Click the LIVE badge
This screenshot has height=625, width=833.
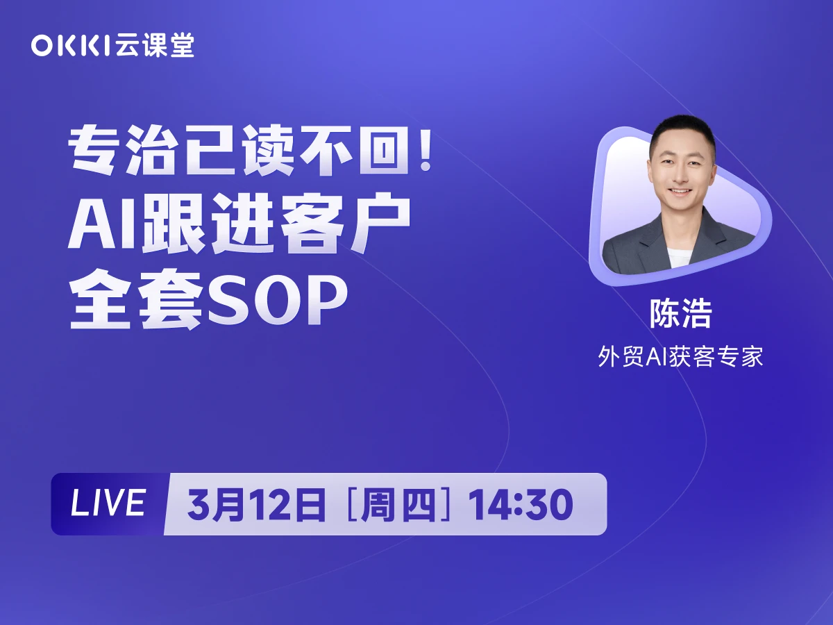108,504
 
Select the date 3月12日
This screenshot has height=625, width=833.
257,505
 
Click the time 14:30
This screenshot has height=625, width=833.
521,505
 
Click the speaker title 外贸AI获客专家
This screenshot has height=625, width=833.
680,358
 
